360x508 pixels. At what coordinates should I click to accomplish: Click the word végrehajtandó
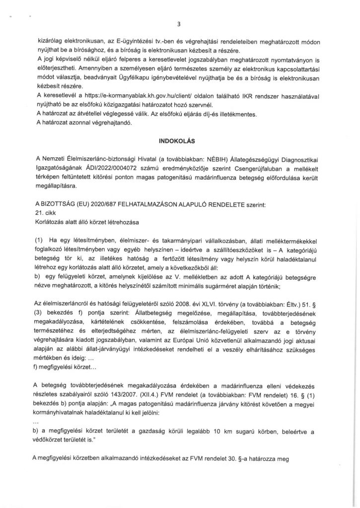111,124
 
